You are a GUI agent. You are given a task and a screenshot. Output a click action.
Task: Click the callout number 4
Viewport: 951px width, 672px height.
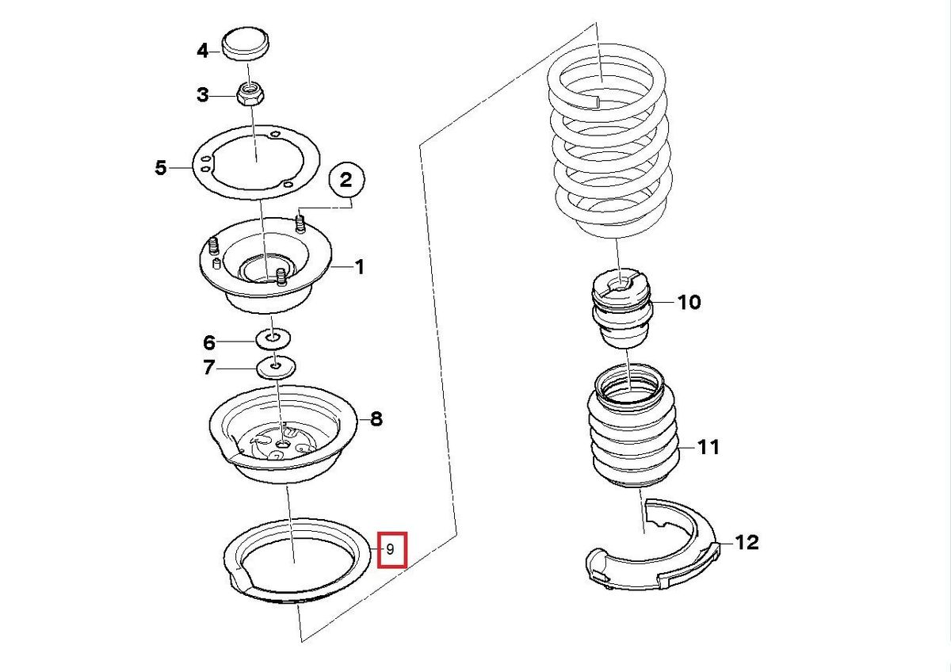point(203,51)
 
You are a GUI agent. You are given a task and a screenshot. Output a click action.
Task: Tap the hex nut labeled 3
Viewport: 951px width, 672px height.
point(250,95)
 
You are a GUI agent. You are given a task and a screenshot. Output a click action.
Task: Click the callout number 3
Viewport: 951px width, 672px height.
point(203,96)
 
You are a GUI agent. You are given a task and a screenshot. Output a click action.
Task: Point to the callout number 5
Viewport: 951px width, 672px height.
point(162,168)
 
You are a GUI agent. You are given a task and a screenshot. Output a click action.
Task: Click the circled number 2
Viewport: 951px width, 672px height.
point(346,181)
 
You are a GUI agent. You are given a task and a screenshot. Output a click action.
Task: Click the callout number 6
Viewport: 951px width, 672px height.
point(209,342)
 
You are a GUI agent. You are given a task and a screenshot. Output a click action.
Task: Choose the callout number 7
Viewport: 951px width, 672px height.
point(209,368)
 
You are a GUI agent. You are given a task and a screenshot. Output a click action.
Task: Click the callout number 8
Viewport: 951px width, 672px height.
point(376,418)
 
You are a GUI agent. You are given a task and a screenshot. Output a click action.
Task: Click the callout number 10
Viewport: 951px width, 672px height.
point(689,302)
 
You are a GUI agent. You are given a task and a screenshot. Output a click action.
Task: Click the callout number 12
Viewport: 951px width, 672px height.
point(746,543)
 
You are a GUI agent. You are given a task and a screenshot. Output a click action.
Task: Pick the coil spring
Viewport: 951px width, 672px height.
point(609,151)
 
